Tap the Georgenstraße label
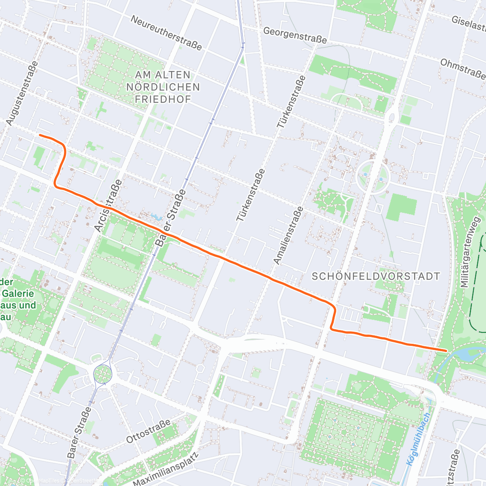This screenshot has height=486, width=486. point(295,35)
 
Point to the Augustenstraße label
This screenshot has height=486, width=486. point(23,93)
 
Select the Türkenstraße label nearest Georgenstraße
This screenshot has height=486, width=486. point(291,102)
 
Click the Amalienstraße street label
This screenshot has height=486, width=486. point(288,236)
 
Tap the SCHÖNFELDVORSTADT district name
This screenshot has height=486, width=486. point(376,277)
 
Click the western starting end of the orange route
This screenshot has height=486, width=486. point(40,135)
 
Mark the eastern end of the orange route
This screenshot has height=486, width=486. point(446,350)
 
